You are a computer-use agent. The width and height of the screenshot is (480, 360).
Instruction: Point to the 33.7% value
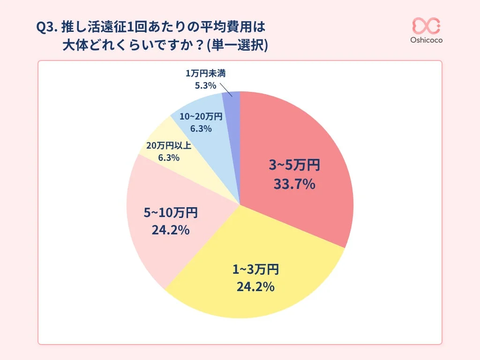click(294, 185)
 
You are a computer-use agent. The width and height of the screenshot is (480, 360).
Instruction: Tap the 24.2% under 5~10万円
click(170, 230)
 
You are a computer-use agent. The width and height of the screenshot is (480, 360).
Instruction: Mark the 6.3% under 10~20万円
click(201, 128)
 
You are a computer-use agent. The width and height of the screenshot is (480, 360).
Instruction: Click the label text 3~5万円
click(294, 165)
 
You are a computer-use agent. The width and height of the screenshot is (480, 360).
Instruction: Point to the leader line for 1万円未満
click(226, 90)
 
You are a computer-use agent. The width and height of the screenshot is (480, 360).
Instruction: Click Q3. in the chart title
click(47, 27)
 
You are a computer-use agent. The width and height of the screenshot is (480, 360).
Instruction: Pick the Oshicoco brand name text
click(426, 40)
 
